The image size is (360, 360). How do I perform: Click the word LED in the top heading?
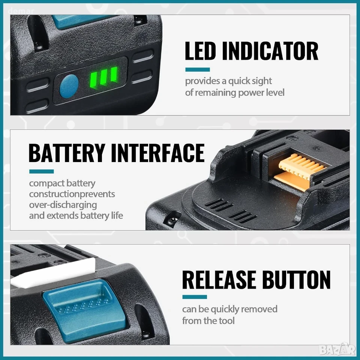click(200, 51)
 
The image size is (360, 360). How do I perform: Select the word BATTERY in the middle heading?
click(67, 153)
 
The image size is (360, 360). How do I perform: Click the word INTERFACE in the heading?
click(158, 153)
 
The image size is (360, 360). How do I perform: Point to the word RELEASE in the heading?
click(219, 280)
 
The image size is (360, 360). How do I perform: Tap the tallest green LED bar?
click(114, 75)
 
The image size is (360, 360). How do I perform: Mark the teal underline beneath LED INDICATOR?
click(198, 70)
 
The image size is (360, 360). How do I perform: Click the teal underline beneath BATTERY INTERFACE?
click(41, 171)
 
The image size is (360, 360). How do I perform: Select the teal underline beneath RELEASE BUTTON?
click(195, 297)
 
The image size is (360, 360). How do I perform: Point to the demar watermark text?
click(21, 11)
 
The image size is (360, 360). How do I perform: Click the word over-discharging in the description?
click(63, 205)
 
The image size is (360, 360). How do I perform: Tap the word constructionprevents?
click(72, 194)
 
